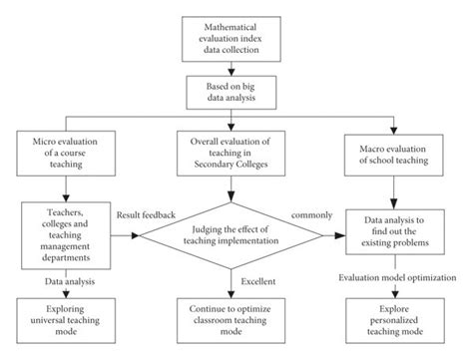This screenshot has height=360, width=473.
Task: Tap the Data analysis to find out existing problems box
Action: click(x=399, y=229)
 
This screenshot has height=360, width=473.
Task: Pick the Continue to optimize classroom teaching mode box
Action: click(x=236, y=316)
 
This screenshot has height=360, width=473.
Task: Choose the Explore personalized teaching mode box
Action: click(x=399, y=316)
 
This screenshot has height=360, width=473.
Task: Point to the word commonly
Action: click(x=311, y=214)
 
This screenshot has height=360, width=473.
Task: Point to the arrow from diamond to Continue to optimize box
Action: click(x=236, y=279)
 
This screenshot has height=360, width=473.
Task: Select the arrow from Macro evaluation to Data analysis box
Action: click(x=399, y=191)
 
